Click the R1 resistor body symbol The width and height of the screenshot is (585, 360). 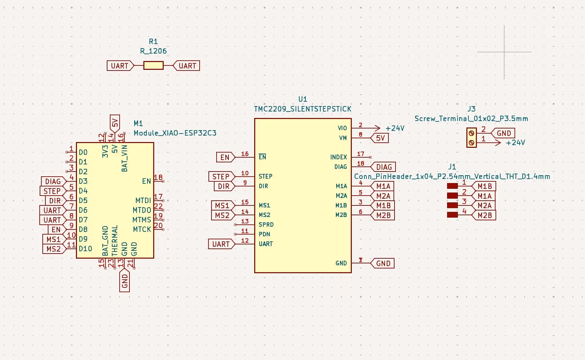pos(153,65)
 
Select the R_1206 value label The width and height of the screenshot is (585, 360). pos(153,51)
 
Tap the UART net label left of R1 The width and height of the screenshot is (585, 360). pos(120,66)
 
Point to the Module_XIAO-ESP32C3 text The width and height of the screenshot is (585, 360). pos(175,133)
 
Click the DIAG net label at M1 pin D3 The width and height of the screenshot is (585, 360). pos(53,181)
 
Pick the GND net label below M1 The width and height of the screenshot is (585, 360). pos(125,281)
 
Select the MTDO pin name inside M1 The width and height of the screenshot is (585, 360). pos(142,210)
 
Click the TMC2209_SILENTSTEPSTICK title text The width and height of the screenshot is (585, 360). pos(303,109)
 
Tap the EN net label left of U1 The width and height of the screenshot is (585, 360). pos(225,157)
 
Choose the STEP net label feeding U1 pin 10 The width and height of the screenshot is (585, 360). pos(221,177)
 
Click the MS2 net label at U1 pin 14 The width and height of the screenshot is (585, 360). pos(222,215)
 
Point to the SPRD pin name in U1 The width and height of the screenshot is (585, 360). pos(266,224)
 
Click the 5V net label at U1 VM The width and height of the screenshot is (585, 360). pos(380,138)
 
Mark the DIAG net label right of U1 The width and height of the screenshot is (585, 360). pos(384,167)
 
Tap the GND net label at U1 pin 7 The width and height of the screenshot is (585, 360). pos(383,263)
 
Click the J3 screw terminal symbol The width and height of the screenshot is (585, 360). pos(471,138)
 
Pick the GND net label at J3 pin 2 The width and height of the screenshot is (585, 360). pos(504,133)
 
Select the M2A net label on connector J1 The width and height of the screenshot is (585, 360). pos(484,205)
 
